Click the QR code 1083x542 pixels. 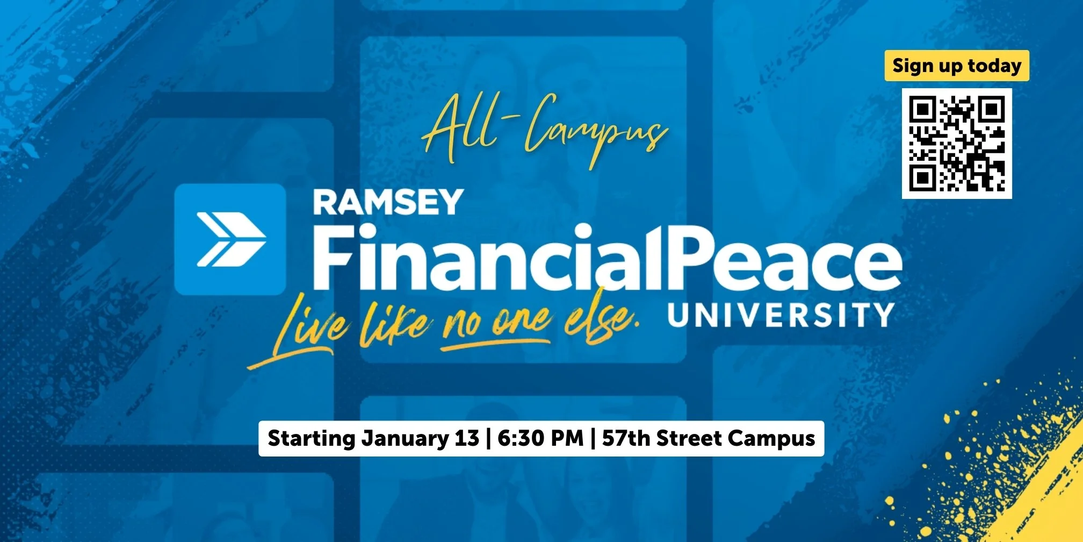click(x=957, y=144)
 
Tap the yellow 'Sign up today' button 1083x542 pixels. click(x=957, y=66)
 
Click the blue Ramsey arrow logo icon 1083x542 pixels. click(x=230, y=239)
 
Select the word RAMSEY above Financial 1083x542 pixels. click(x=388, y=202)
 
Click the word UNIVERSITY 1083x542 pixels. click(x=781, y=315)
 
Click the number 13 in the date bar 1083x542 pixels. click(x=466, y=438)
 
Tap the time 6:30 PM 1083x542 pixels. click(x=540, y=438)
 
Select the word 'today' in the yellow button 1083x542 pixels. click(x=994, y=66)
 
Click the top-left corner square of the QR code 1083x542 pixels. click(x=922, y=109)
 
